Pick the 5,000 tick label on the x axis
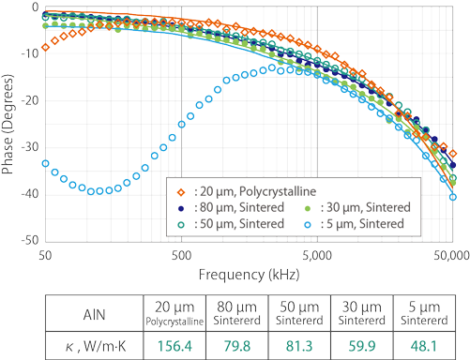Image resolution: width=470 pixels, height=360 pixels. (317, 254)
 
